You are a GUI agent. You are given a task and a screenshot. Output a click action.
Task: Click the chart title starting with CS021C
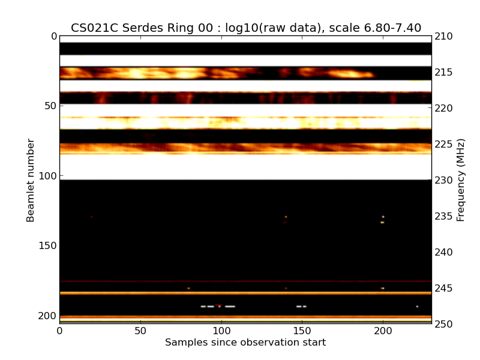(x=245, y=28)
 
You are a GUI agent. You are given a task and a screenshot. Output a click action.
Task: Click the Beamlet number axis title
(x=31, y=180)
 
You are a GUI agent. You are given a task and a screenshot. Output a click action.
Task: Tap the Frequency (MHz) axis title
(x=461, y=180)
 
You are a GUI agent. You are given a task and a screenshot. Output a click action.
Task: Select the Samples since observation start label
(x=245, y=343)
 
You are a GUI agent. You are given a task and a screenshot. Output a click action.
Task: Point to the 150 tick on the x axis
(x=302, y=330)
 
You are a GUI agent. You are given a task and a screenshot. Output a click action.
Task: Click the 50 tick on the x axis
(x=140, y=330)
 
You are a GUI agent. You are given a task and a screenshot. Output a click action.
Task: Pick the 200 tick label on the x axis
(x=383, y=330)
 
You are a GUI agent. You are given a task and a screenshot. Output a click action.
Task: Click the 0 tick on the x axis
(x=59, y=330)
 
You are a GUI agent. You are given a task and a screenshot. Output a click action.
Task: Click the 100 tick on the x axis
(x=221, y=330)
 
